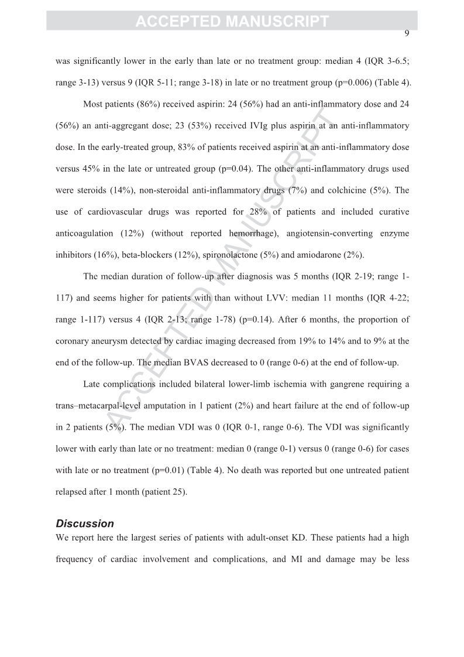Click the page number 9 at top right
406,33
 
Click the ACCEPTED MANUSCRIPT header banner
232,21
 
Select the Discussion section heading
85,523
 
